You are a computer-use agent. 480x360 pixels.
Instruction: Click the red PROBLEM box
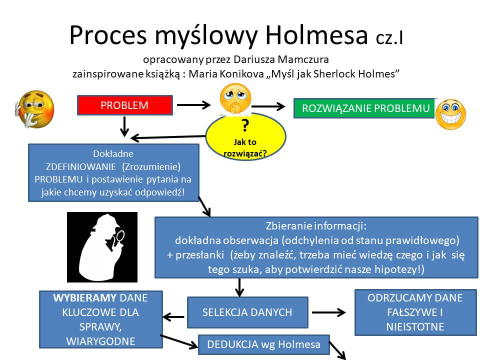point(125,105)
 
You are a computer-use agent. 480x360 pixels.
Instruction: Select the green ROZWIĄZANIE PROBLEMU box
point(364,108)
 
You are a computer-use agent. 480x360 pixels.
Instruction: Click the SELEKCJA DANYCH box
point(247,312)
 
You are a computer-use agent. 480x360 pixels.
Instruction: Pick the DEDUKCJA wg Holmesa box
point(264,344)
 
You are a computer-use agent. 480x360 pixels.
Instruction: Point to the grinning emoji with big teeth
point(450,114)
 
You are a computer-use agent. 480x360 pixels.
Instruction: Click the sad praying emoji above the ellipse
point(235,99)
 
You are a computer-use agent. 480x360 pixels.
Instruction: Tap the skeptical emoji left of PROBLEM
point(34,109)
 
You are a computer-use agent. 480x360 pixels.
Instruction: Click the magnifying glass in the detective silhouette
point(119,236)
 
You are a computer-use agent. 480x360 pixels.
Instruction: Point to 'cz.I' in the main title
point(389,38)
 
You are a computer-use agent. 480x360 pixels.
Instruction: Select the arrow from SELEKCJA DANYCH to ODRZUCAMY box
point(329,312)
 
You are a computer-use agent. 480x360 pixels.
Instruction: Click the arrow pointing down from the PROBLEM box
point(124,126)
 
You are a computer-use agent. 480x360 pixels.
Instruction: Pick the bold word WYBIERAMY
point(85,298)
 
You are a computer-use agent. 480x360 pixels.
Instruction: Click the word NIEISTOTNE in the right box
point(415,326)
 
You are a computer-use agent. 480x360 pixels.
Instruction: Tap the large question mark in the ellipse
point(245,125)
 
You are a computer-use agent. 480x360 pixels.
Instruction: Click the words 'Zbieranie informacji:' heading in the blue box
point(316,226)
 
